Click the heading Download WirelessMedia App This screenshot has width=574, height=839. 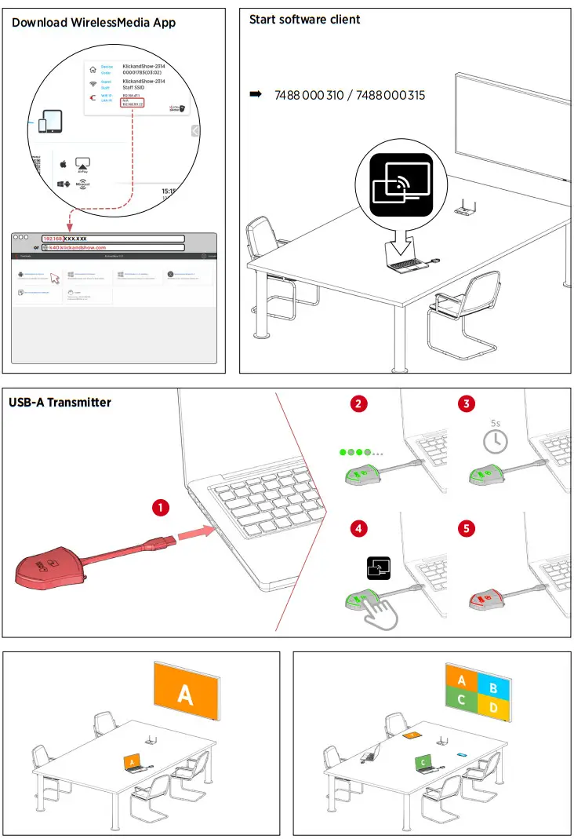93,23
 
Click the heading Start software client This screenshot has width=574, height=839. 304,20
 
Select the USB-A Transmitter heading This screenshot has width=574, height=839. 60,403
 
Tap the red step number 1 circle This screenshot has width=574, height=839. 160,508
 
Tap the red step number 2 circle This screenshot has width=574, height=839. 358,404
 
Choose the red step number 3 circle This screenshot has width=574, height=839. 467,404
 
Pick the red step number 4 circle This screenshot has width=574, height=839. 358,528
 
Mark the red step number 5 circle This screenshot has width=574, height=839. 467,528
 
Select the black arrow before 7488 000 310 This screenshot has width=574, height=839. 255,95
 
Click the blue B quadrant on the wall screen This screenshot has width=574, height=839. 492,688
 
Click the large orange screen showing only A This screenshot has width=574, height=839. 185,695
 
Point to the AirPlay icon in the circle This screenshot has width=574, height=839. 83,165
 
